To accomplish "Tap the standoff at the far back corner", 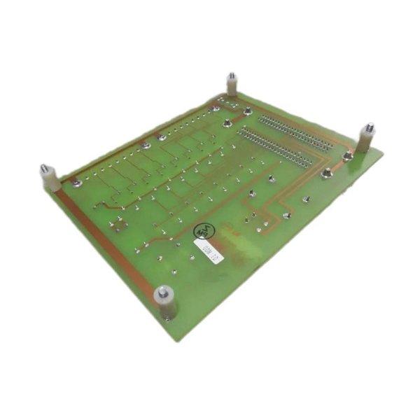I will tap(231, 85).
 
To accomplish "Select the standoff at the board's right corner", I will tap(366, 138).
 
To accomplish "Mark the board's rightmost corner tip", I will tap(383, 150).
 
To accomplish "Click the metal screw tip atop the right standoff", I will tap(367, 127).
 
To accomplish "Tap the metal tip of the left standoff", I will tap(44, 169).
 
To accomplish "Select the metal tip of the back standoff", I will tap(231, 74).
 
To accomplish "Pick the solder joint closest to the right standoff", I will tap(346, 158).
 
